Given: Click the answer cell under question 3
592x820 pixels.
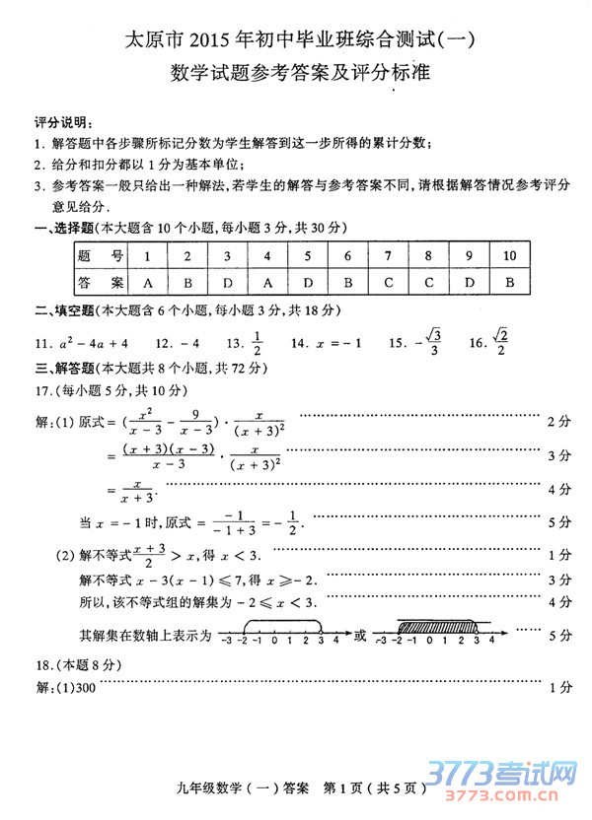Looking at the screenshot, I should point(227,283).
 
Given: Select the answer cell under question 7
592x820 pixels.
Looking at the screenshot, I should point(388,283).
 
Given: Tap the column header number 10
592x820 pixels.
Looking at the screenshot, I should point(509,256).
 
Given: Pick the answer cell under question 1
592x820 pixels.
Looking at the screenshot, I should point(147,283).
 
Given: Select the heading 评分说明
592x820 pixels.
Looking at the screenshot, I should point(60,123).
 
